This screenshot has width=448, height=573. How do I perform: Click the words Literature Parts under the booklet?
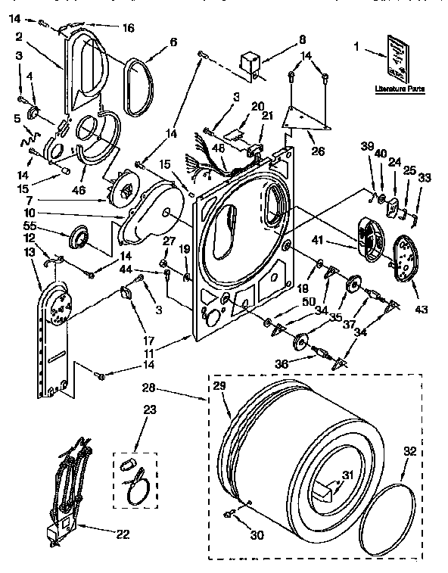coord(400,89)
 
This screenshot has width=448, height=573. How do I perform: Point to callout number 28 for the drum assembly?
coord(148,390)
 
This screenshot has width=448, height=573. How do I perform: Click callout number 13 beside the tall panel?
coord(30,251)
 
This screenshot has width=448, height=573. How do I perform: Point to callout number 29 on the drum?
coord(219,387)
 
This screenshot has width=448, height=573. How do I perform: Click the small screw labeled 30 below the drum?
coord(227,515)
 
